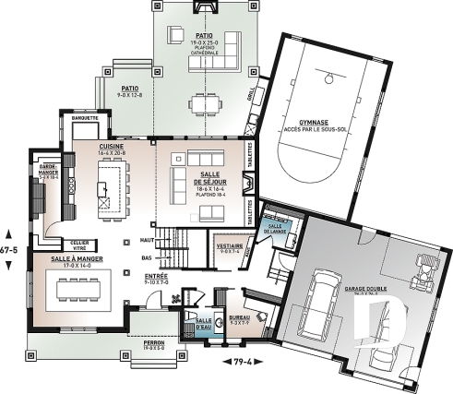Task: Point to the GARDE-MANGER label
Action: click(47, 171)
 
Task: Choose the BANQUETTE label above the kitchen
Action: click(77, 117)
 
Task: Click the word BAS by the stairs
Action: click(146, 258)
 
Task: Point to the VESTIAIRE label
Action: click(230, 247)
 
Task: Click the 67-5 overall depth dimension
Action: click(9, 249)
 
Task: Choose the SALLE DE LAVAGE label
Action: click(275, 228)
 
